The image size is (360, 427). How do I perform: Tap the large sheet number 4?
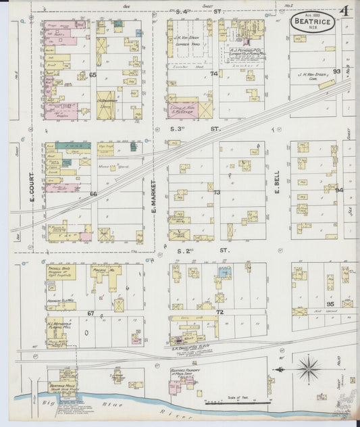pos(344,12)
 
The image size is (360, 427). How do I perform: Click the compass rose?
pos(309,369)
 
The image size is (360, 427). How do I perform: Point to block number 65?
pos(93,74)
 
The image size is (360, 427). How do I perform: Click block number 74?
pos(214,74)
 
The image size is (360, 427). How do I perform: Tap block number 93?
pos(336,71)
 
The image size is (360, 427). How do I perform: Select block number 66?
pos(93,194)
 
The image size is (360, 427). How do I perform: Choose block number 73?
pos(217,193)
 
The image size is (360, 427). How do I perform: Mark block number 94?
pos(339,190)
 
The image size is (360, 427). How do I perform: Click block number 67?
pos(91,313)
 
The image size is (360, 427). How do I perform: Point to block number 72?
pos(220,313)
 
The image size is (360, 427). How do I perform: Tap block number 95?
pos(330,304)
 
